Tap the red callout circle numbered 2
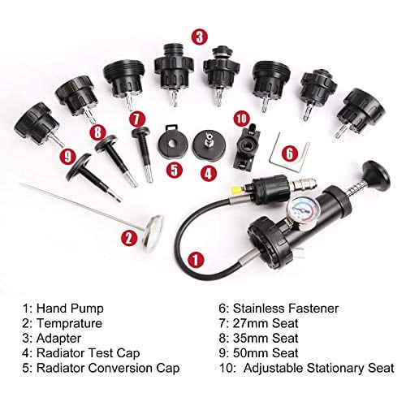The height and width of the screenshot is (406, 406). tap(127, 238)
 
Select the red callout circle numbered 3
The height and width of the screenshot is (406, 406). tap(198, 36)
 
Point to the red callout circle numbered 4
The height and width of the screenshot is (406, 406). tap(209, 172)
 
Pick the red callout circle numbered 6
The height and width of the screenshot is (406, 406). tap(290, 152)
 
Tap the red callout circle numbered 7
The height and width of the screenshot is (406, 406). tap(136, 117)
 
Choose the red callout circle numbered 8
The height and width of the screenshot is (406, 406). tap(97, 129)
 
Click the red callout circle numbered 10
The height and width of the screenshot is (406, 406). tap(240, 118)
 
